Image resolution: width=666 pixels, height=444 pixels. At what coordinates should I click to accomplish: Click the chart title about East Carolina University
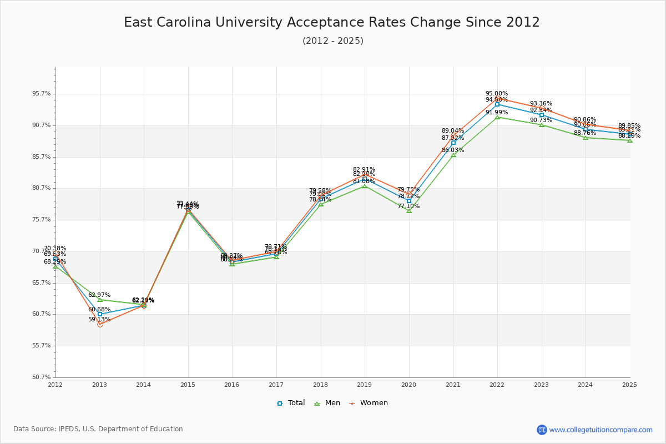[332, 23]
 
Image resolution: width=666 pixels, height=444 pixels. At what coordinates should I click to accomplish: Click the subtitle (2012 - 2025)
[333, 41]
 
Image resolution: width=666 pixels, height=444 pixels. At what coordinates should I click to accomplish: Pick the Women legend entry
[369, 403]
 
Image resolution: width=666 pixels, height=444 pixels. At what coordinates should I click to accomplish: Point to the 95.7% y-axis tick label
[42, 94]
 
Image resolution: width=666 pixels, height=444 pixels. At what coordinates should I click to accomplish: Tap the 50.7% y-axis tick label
[42, 377]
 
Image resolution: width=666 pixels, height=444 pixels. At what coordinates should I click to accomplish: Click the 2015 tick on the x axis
[188, 384]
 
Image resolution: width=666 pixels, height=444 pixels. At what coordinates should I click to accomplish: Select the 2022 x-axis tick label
[497, 384]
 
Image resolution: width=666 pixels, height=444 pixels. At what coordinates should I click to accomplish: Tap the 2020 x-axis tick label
[408, 384]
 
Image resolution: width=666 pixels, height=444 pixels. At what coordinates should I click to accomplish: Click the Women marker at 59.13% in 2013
[100, 324]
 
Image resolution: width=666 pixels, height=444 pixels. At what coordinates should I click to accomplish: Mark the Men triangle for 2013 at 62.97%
[100, 300]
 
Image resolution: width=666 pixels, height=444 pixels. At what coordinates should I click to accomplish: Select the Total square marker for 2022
[497, 104]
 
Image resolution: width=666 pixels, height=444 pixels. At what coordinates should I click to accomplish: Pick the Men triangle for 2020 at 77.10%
[409, 211]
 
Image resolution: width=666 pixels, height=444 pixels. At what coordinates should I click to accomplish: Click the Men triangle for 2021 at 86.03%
[453, 155]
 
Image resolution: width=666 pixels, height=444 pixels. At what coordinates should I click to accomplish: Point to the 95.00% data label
[497, 94]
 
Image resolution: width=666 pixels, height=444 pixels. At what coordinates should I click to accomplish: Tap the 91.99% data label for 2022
[497, 113]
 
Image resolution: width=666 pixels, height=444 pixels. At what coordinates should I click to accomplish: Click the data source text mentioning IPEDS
[98, 429]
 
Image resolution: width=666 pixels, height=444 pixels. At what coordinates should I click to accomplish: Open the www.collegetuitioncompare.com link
[601, 430]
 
